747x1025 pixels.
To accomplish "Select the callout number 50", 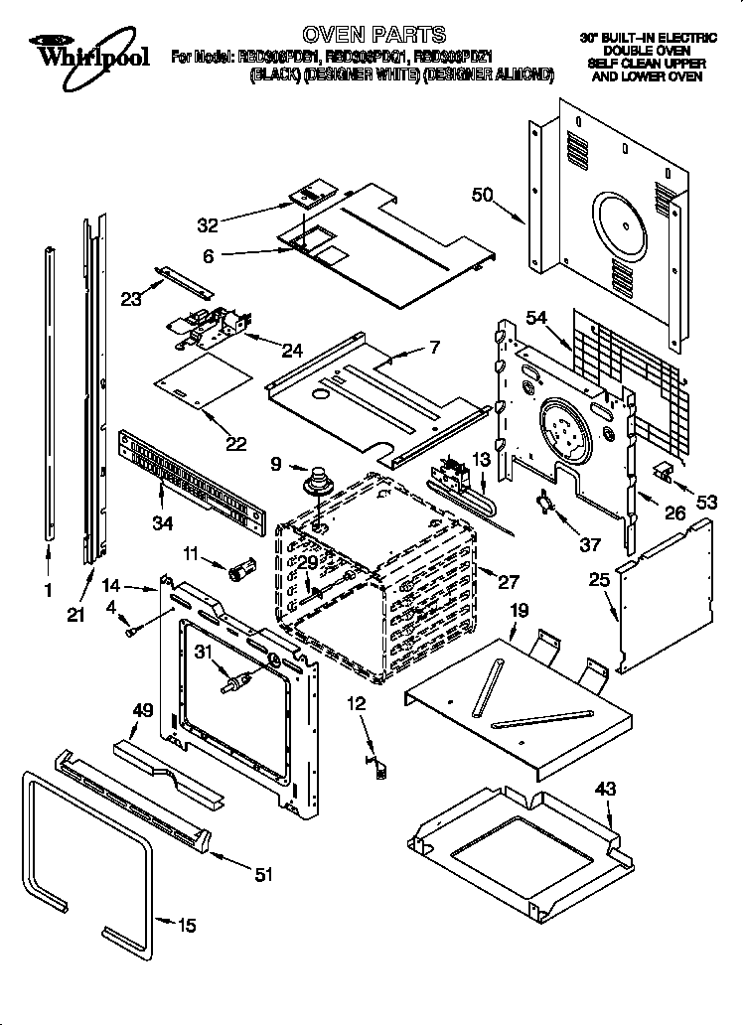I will coord(482,196).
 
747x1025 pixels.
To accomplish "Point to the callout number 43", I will coord(605,790).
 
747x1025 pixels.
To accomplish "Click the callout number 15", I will coord(186,926).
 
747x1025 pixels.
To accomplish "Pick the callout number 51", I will coord(262,874).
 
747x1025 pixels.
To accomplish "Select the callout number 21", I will coord(75,616).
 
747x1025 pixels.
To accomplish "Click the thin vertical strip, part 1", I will coord(49,397).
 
